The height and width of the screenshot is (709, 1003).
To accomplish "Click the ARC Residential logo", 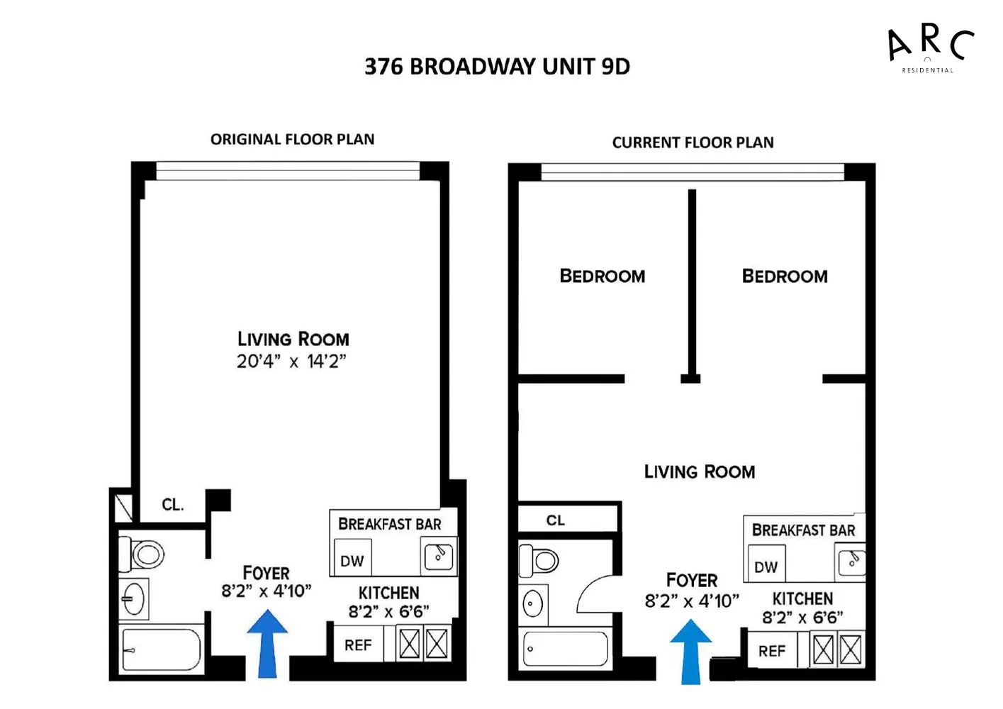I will pyautogui.click(x=929, y=48).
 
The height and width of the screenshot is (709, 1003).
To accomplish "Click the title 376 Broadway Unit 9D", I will pyautogui.click(x=497, y=67).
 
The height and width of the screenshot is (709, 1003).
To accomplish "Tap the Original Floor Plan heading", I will pyautogui.click(x=292, y=140).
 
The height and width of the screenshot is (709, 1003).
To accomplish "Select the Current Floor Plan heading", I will pyautogui.click(x=693, y=143).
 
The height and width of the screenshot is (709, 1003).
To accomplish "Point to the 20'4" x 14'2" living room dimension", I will pyautogui.click(x=291, y=362).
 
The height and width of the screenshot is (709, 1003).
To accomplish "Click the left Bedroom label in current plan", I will pyautogui.click(x=603, y=277).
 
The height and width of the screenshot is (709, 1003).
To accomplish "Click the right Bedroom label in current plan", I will pyautogui.click(x=785, y=277).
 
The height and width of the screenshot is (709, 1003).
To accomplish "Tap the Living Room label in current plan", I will pyautogui.click(x=700, y=472).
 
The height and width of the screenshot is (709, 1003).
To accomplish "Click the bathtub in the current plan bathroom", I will pyautogui.click(x=565, y=649).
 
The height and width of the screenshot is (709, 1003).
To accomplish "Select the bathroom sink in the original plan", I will pyautogui.click(x=133, y=600).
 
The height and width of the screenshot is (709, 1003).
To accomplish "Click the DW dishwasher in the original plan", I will pyautogui.click(x=352, y=561).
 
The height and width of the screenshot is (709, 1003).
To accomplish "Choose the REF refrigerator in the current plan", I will pyautogui.click(x=772, y=651).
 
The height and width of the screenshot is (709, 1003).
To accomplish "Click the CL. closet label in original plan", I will pyautogui.click(x=172, y=505).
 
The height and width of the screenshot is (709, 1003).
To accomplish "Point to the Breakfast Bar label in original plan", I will pyautogui.click(x=389, y=525).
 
